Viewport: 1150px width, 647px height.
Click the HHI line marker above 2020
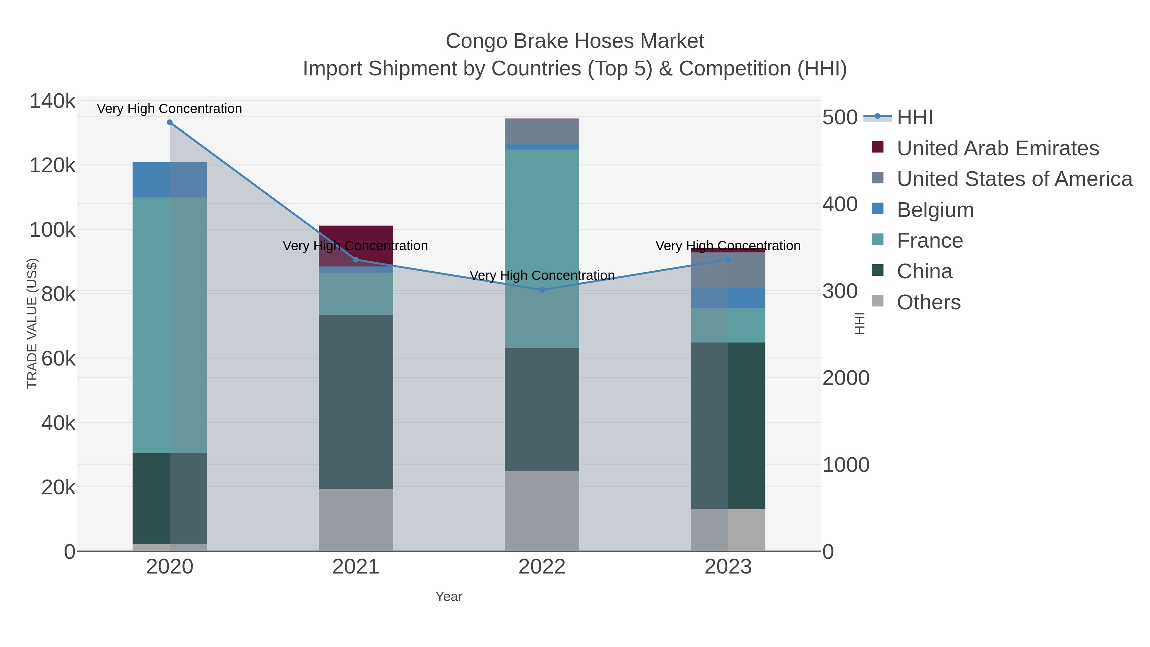170,122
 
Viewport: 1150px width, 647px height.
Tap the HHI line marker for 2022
542,290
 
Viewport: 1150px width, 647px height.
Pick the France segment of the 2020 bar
170,325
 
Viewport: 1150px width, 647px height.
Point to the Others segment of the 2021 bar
356,520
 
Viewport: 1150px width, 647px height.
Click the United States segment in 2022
542,132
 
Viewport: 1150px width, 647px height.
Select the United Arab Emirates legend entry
997,148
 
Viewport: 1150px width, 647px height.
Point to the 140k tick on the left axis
52,101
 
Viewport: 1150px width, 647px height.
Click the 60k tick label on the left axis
58,358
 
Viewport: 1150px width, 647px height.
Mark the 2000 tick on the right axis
846,378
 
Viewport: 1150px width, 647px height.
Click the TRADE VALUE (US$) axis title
32,323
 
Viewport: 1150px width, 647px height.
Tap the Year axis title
449,597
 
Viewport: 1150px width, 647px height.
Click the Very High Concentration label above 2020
170,109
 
